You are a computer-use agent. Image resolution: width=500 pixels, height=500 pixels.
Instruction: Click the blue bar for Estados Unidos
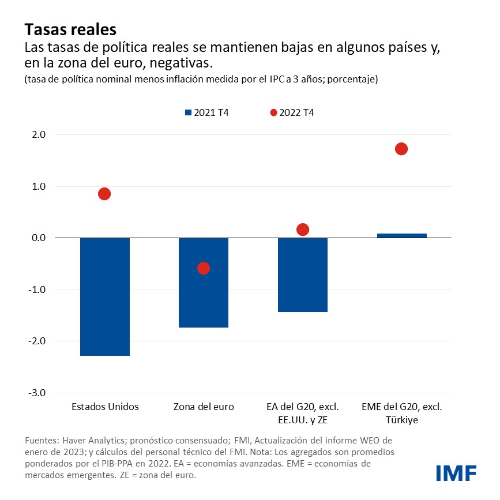105,296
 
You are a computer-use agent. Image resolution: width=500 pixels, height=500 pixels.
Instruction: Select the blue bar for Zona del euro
204,283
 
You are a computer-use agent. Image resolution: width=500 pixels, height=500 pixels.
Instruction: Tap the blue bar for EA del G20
303,275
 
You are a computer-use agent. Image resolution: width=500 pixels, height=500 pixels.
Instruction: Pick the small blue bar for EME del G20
402,235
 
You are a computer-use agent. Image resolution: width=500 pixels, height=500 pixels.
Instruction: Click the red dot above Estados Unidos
104,194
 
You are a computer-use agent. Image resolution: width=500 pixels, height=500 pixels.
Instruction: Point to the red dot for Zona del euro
204,268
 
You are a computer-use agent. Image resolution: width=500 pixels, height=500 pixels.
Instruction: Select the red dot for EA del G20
303,230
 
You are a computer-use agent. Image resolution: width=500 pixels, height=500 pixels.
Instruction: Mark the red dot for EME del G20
401,149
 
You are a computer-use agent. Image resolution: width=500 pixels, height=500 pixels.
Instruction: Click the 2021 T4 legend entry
206,112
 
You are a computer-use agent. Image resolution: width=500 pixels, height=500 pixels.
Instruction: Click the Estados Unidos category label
105,407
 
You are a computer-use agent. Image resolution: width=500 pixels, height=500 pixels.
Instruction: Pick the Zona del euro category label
204,407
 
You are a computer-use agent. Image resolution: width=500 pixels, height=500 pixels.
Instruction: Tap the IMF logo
456,473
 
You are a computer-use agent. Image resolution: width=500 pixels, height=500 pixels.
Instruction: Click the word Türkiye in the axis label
402,420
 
